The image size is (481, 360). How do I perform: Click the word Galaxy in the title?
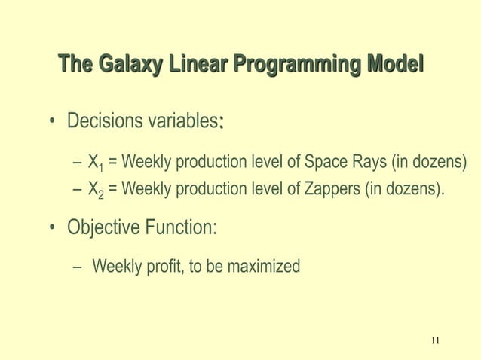(124, 66)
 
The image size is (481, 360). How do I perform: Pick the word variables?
(182, 122)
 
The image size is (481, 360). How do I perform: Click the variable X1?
(95, 163)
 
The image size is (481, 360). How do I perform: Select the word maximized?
(262, 266)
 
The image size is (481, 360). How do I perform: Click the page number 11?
(435, 342)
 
